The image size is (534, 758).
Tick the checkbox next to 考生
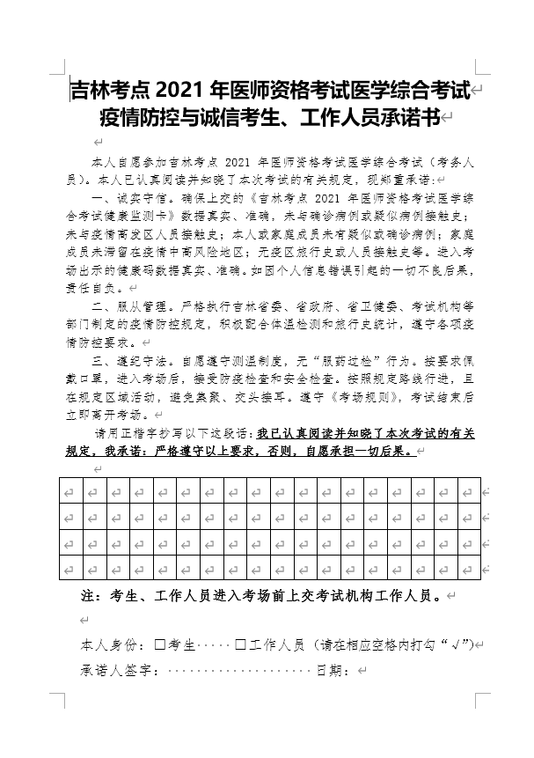coord(160,644)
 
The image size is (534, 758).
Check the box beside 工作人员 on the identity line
coord(240,644)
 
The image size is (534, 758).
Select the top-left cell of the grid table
coord(70,489)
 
